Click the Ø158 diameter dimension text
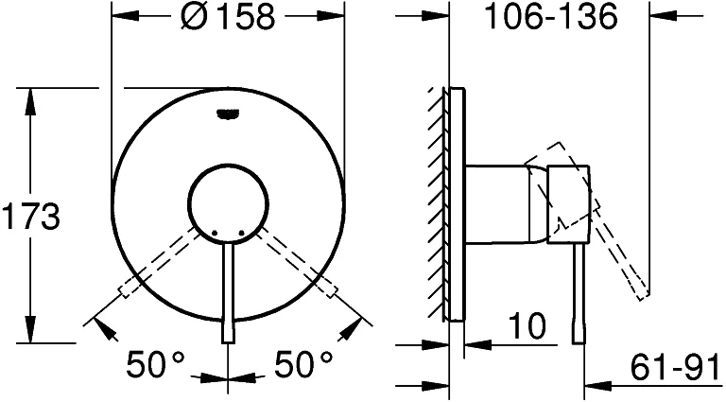228,17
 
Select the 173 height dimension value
31,216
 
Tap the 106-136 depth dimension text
550,16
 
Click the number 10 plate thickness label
527,325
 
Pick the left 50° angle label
156,363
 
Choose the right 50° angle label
303,363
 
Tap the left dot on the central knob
215,232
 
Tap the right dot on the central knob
241,232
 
